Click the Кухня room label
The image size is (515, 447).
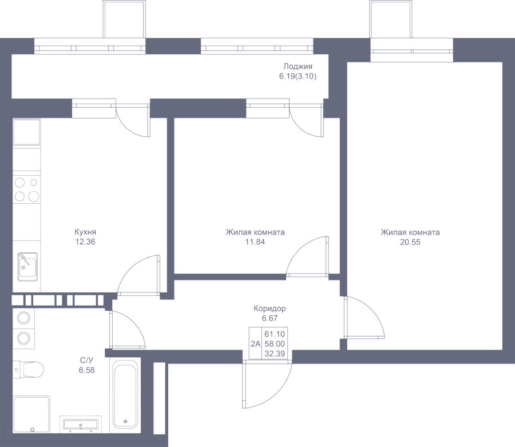[85, 232]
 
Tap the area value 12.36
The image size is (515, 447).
[85, 242]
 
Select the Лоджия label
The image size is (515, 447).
[298, 66]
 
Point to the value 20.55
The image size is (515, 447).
[410, 242]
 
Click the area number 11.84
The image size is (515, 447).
[255, 242]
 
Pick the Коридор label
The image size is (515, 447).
[270, 308]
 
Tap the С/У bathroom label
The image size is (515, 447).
[87, 361]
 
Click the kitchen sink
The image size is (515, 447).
[27, 267]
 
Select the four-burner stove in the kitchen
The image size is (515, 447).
[26, 189]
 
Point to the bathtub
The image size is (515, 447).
[125, 394]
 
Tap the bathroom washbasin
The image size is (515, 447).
[81, 424]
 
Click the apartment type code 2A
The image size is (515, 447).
[255, 344]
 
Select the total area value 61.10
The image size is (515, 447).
[275, 334]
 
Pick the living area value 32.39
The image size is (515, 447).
[275, 353]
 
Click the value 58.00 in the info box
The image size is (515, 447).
[275, 344]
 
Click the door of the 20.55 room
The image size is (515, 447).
[365, 317]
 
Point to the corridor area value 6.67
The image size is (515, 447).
[270, 318]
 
